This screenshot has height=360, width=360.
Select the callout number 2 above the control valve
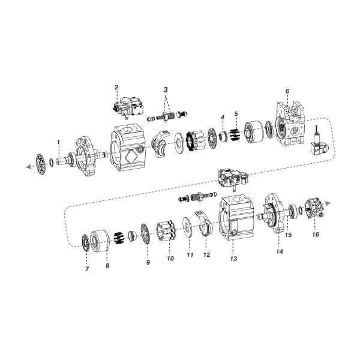[x=116, y=88]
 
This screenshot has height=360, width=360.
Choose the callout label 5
[x=236, y=113]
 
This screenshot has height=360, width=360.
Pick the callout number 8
[x=108, y=265]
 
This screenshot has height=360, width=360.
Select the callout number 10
[x=170, y=259]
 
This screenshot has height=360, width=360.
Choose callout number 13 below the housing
[x=234, y=259]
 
